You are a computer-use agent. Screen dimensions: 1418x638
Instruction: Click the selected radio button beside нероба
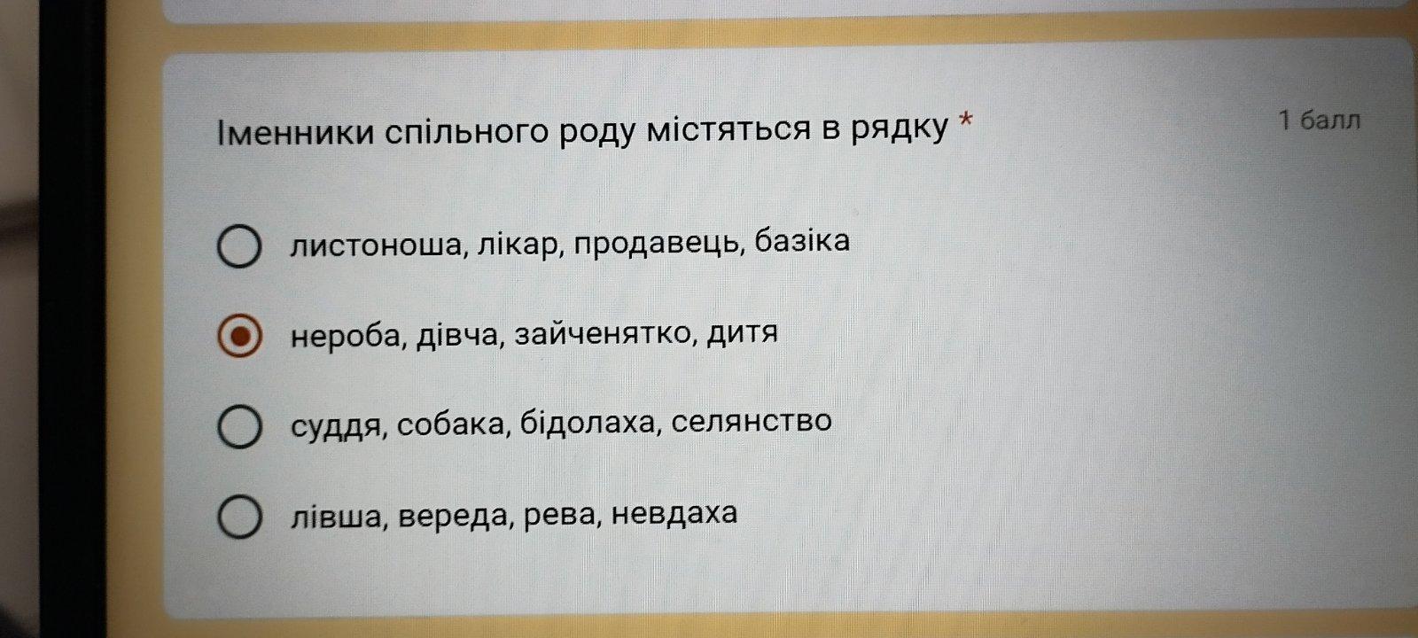point(239,336)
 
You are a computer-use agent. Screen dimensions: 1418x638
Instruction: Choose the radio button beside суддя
point(239,426)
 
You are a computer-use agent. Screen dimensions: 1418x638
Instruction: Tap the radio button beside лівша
point(239,517)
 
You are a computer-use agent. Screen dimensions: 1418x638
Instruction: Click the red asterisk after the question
point(965,120)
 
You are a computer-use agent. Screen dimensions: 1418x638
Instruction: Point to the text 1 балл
point(1320,121)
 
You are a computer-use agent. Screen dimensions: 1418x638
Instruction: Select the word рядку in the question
point(899,129)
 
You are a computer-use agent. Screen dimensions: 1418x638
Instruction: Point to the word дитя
point(742,332)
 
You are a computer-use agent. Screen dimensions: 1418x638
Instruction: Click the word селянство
point(752,422)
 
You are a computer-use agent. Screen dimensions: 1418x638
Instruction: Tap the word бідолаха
point(587,423)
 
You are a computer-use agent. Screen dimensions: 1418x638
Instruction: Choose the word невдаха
point(674,513)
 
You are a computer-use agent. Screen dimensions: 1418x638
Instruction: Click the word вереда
point(453,516)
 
